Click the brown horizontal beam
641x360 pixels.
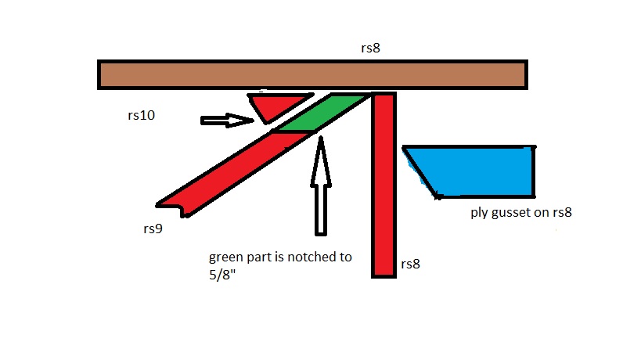click(312, 75)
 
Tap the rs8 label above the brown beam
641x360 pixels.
click(370, 49)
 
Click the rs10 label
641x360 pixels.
click(141, 115)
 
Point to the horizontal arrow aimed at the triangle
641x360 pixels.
click(227, 121)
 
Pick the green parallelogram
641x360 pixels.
click(322, 113)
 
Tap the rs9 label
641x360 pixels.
click(153, 229)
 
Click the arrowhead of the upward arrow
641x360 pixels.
click(321, 162)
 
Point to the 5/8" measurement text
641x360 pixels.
click(222, 275)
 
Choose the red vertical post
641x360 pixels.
click(384, 185)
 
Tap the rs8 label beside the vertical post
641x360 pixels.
click(410, 264)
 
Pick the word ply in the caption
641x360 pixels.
click(479, 213)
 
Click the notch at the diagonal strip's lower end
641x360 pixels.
click(184, 211)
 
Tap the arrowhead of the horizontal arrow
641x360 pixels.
click(241, 121)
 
